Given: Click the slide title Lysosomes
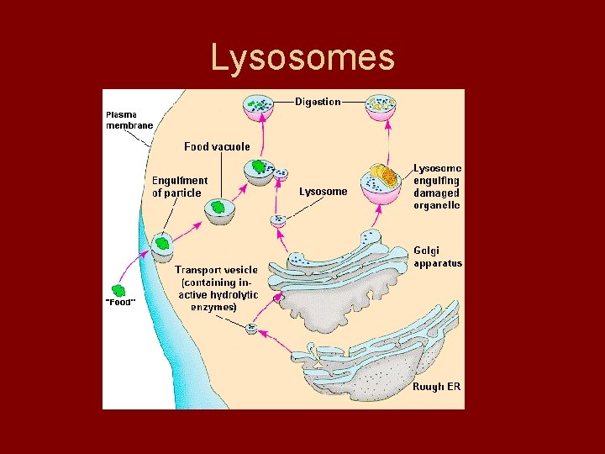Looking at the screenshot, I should (302, 57).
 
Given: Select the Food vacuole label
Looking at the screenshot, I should (217, 146).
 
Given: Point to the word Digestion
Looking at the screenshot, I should (318, 102).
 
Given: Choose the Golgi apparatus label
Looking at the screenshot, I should (437, 256).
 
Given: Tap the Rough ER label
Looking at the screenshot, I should (436, 388).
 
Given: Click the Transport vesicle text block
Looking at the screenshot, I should (217, 288).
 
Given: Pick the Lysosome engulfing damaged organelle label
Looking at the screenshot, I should (436, 187).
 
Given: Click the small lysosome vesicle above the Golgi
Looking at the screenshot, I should (279, 221).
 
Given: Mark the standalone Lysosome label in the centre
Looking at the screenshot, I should (323, 191).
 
